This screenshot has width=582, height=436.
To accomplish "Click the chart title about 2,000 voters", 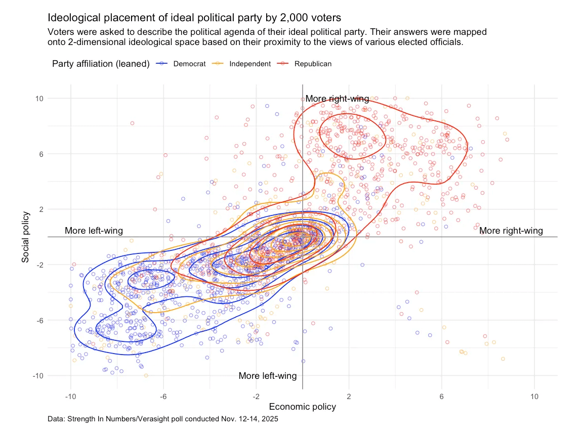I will (194, 18).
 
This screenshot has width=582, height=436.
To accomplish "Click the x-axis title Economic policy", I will (302, 407).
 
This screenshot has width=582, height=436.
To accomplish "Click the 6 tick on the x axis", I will (441, 396).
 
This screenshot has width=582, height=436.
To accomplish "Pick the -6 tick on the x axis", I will (163, 396).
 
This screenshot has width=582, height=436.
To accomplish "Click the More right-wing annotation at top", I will (337, 99).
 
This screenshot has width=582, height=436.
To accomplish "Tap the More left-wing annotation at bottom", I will (267, 376).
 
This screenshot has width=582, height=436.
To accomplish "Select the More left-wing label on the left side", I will (94, 231).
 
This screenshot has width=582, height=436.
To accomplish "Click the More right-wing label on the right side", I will (511, 231).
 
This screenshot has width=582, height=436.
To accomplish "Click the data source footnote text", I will (162, 419).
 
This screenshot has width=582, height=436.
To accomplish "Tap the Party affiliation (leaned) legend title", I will (101, 64).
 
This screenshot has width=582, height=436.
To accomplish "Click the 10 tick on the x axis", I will (534, 396).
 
